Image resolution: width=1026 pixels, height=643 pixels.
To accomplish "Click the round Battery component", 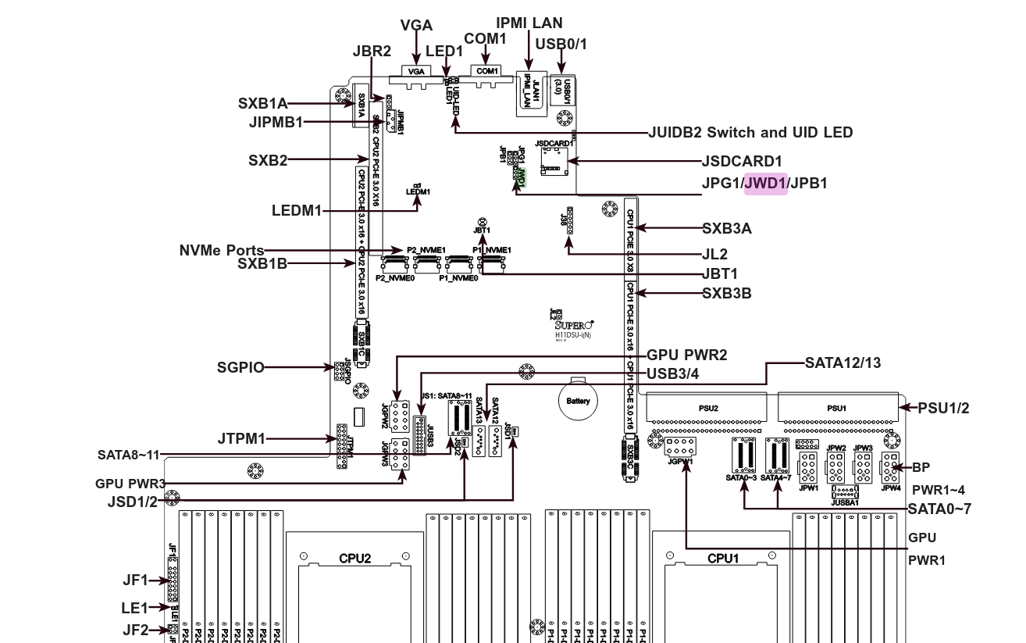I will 578,401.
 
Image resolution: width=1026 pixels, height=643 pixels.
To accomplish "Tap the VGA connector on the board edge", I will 415,71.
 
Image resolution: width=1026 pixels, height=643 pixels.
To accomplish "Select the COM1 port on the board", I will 487,71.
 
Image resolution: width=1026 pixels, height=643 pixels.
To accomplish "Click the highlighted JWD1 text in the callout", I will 765,184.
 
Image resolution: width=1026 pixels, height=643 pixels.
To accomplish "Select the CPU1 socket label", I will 723,559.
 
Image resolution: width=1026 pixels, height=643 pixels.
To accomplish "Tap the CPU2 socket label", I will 354,559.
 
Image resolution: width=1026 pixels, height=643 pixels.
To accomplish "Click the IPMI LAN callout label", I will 529,23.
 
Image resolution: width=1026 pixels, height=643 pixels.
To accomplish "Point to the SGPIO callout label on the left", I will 240,367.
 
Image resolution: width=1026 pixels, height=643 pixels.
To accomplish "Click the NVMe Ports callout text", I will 221,251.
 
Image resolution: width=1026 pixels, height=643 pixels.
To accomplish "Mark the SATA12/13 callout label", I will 843,363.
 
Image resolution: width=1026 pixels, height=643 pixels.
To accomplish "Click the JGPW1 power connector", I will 680,448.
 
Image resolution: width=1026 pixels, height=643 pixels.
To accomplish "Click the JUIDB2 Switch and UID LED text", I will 750,133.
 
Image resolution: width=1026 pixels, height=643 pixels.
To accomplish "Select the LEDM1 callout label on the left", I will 296,210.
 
